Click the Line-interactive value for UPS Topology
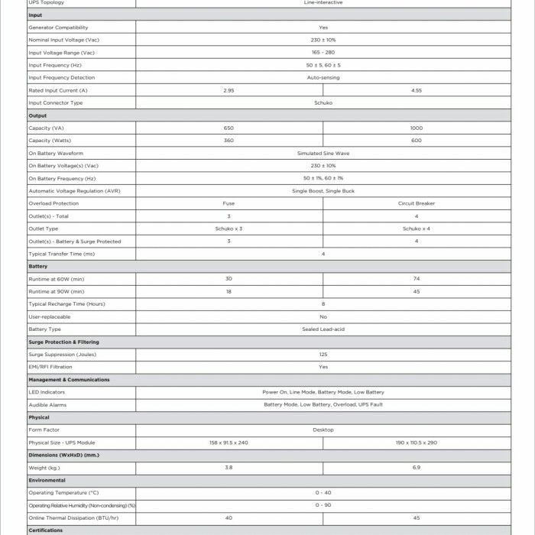coord(323,2)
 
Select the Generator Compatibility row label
coord(58,27)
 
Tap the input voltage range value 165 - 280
coord(323,52)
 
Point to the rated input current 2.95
coord(229,90)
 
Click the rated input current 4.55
coord(417,90)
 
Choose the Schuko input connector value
coord(323,102)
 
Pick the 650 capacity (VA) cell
coord(229,128)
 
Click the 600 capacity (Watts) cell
coord(417,141)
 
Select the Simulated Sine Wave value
coord(323,153)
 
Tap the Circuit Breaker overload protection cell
coord(417,203)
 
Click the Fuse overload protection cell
coord(229,203)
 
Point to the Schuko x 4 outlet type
coord(417,229)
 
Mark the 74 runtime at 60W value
coord(417,279)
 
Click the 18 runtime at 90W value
coord(229,291)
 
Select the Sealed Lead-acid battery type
coord(323,329)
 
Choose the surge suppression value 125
coord(323,355)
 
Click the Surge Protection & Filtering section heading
coord(63,342)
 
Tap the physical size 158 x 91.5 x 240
coord(229,443)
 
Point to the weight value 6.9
coord(417,468)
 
